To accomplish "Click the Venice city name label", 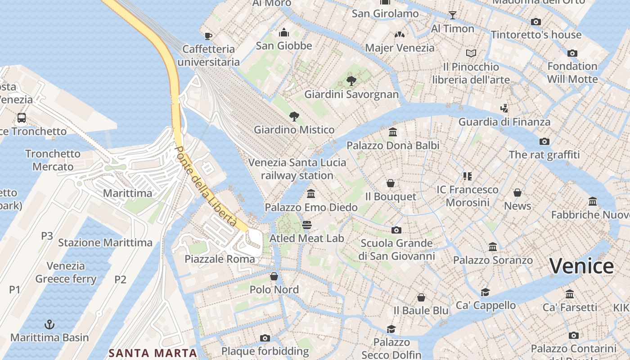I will [x=581, y=266].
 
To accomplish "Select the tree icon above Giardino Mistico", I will [x=294, y=117].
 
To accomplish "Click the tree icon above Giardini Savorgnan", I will [x=351, y=81].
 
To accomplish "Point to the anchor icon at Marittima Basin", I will [x=49, y=324].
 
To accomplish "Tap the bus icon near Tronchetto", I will [x=21, y=118].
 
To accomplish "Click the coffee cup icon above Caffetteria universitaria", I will [x=208, y=36].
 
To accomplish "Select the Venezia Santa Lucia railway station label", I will [x=297, y=169].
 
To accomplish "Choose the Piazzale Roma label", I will [x=220, y=259].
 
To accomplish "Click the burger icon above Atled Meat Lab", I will [x=307, y=225].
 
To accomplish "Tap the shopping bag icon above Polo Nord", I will [x=274, y=276].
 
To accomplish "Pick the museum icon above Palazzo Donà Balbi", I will [x=393, y=132].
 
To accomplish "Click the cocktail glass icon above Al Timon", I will [x=453, y=15].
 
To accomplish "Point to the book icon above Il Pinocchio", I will [x=471, y=53].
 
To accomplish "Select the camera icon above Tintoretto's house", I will [x=535, y=22].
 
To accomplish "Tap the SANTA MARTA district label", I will [x=153, y=353].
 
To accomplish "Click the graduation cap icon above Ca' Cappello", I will [x=485, y=292].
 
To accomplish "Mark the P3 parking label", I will [x=47, y=236].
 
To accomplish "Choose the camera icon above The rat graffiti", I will [x=544, y=141].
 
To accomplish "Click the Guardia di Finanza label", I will [x=504, y=121].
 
